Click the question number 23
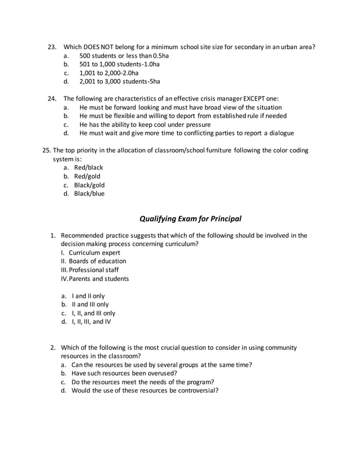(x=52, y=46)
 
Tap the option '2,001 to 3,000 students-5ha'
(x=120, y=81)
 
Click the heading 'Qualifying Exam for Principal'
(x=186, y=218)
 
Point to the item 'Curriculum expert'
(x=94, y=253)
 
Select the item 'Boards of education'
(x=98, y=261)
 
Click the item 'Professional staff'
(x=94, y=270)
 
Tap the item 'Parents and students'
(x=99, y=279)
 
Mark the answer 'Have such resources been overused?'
(x=124, y=373)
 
